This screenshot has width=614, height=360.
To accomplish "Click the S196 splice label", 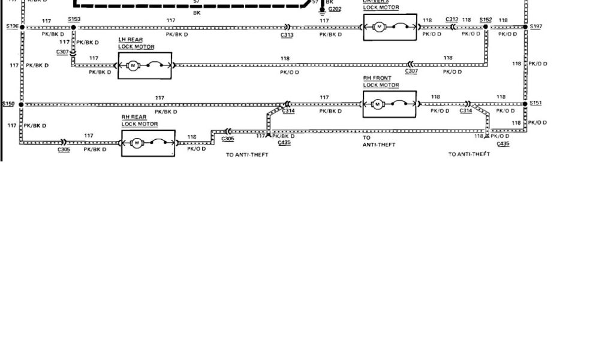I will pyautogui.click(x=12, y=26).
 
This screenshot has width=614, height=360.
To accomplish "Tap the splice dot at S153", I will pyautogui.click(x=73, y=28).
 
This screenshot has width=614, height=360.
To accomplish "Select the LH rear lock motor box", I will pyautogui.click(x=145, y=65).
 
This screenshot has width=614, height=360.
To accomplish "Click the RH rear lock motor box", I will pyautogui.click(x=148, y=143).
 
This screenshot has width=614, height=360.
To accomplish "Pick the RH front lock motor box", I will pyautogui.click(x=389, y=104).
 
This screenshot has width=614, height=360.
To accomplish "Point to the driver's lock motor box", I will pyautogui.click(x=390, y=27).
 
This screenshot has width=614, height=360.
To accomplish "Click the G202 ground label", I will pyautogui.click(x=335, y=10).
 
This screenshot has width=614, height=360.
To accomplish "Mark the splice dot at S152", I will pyautogui.click(x=486, y=27).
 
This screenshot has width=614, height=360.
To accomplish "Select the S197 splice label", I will pyautogui.click(x=536, y=26).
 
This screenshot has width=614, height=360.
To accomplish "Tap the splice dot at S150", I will pyautogui.click(x=22, y=104).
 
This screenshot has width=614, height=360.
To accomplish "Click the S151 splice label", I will pyautogui.click(x=536, y=103).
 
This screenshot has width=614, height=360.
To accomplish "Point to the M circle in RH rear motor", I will pyautogui.click(x=137, y=143).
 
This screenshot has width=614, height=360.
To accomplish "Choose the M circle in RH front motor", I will pyautogui.click(x=378, y=104).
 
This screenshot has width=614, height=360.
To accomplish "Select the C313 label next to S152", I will pyautogui.click(x=452, y=19).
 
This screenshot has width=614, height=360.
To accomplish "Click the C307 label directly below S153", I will pyautogui.click(x=62, y=52).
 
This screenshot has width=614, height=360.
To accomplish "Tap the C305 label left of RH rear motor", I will pyautogui.click(x=64, y=149).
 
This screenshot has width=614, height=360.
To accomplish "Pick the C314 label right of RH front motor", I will pyautogui.click(x=466, y=111).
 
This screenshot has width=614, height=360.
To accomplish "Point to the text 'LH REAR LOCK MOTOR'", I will pyautogui.click(x=136, y=43).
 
